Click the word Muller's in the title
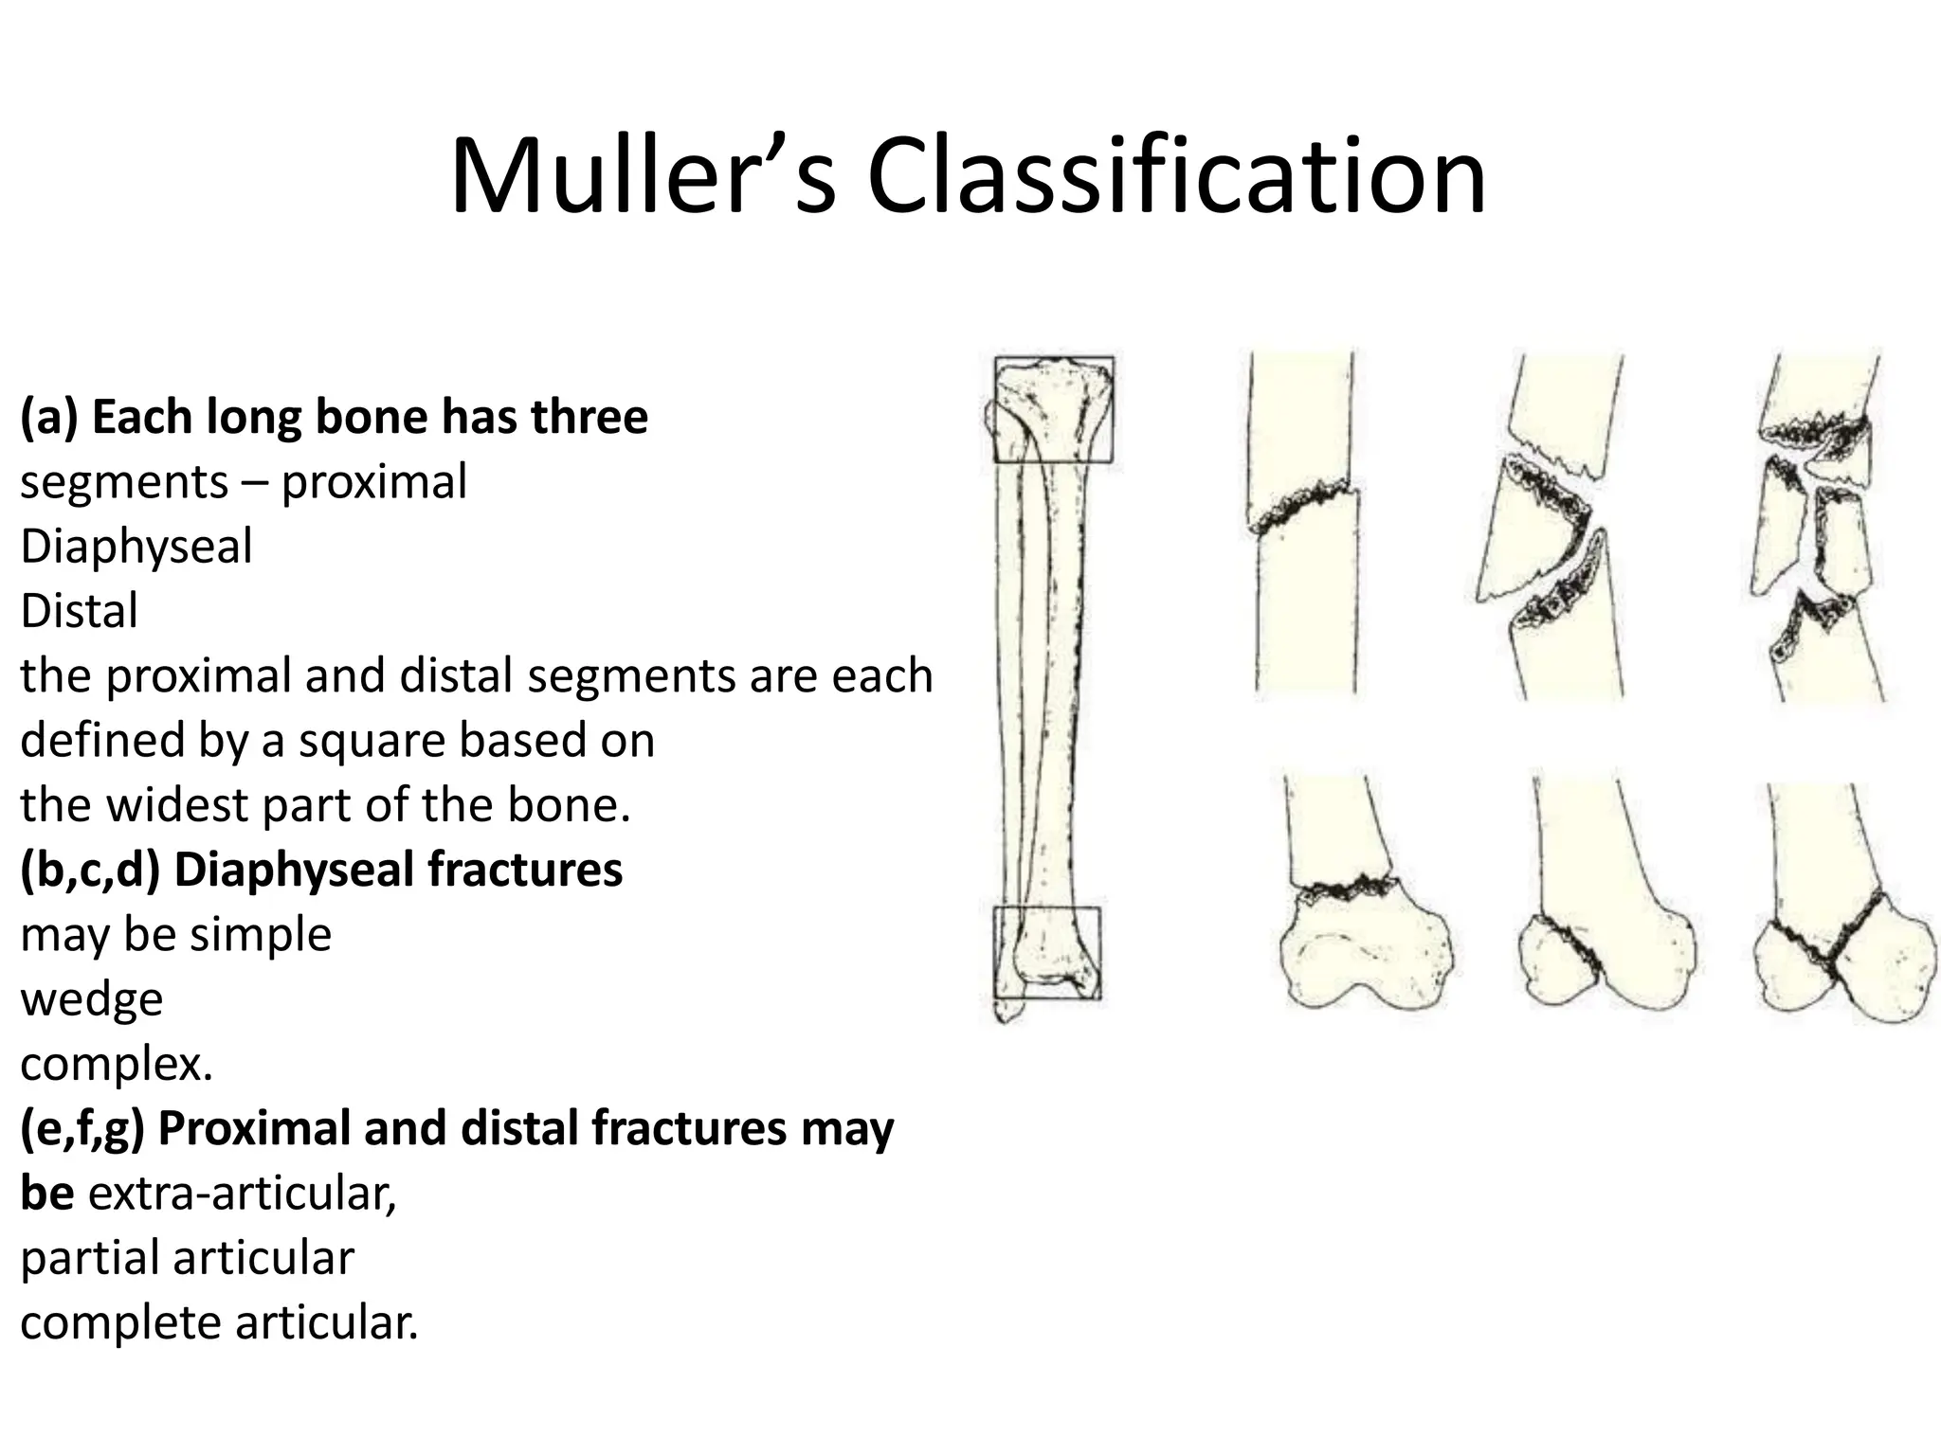click(643, 177)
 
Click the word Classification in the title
click(1175, 177)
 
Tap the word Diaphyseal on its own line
click(136, 547)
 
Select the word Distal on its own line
click(80, 611)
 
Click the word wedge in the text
click(92, 999)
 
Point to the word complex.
click(116, 1065)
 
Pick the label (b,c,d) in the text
click(90, 870)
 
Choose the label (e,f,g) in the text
click(82, 1128)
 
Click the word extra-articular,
click(243, 1194)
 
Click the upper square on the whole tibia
click(1053, 409)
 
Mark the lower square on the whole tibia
click(1047, 952)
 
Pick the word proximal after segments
click(374, 482)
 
